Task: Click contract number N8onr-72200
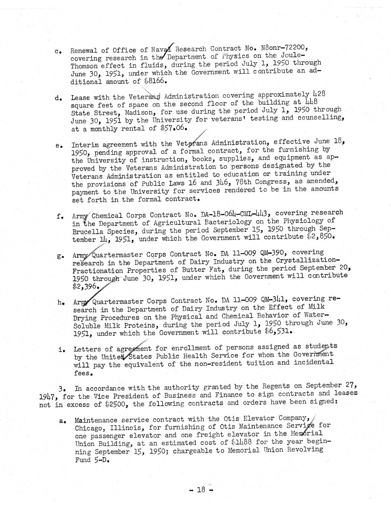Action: tap(283, 48)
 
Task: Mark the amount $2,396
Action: tap(86, 286)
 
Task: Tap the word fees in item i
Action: tap(83, 372)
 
